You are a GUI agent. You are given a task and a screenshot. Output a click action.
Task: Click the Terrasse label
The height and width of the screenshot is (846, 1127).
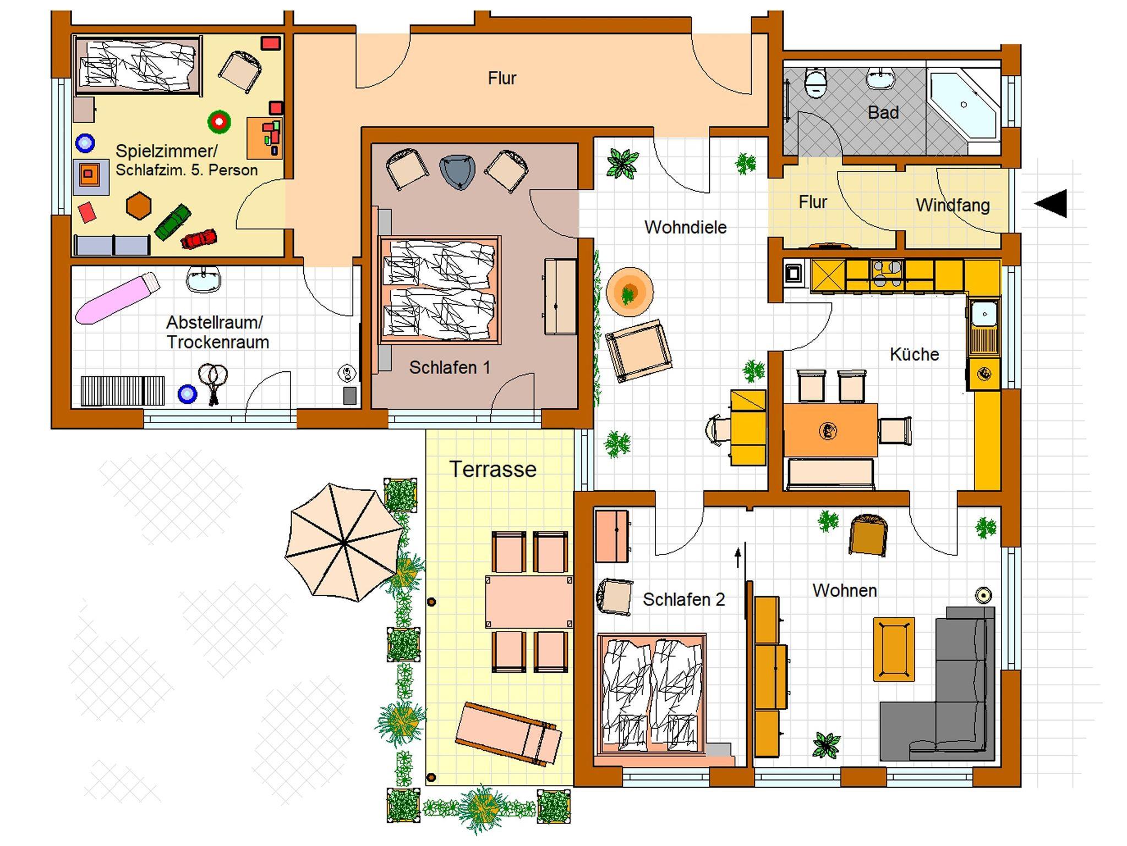(493, 469)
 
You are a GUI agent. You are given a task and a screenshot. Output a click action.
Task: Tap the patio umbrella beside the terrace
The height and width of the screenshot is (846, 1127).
(344, 542)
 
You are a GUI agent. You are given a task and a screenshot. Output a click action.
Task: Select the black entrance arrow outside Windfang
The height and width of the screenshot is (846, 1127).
(1051, 203)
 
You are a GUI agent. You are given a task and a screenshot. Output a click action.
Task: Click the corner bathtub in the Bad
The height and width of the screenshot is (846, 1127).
(964, 106)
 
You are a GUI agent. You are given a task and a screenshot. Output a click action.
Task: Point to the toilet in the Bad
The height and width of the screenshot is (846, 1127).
(815, 83)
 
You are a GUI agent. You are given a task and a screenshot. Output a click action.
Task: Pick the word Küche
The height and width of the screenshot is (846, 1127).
(914, 354)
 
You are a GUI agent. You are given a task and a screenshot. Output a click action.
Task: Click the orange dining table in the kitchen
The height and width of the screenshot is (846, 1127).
(830, 430)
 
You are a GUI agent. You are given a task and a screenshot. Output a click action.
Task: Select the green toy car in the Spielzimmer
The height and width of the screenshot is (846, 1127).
(172, 222)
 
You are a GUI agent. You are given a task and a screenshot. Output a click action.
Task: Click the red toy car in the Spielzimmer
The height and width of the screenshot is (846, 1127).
(199, 239)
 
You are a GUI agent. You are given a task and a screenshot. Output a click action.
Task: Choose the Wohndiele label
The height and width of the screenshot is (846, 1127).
(685, 227)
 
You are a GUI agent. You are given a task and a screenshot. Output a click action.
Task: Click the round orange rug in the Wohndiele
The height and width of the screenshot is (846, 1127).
(630, 292)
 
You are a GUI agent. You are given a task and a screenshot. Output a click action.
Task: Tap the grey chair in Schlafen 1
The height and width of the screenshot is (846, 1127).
(457, 172)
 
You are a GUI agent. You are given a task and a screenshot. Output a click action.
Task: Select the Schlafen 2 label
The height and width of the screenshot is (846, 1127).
(683, 599)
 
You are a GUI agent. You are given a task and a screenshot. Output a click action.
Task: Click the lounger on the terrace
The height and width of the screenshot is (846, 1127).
(508, 734)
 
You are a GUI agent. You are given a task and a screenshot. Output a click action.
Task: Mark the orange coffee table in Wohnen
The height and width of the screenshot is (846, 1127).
(894, 649)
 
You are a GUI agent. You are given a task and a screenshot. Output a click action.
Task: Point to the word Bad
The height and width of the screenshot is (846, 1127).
(883, 113)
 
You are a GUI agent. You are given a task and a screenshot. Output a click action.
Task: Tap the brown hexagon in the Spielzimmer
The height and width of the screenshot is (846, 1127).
(139, 205)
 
